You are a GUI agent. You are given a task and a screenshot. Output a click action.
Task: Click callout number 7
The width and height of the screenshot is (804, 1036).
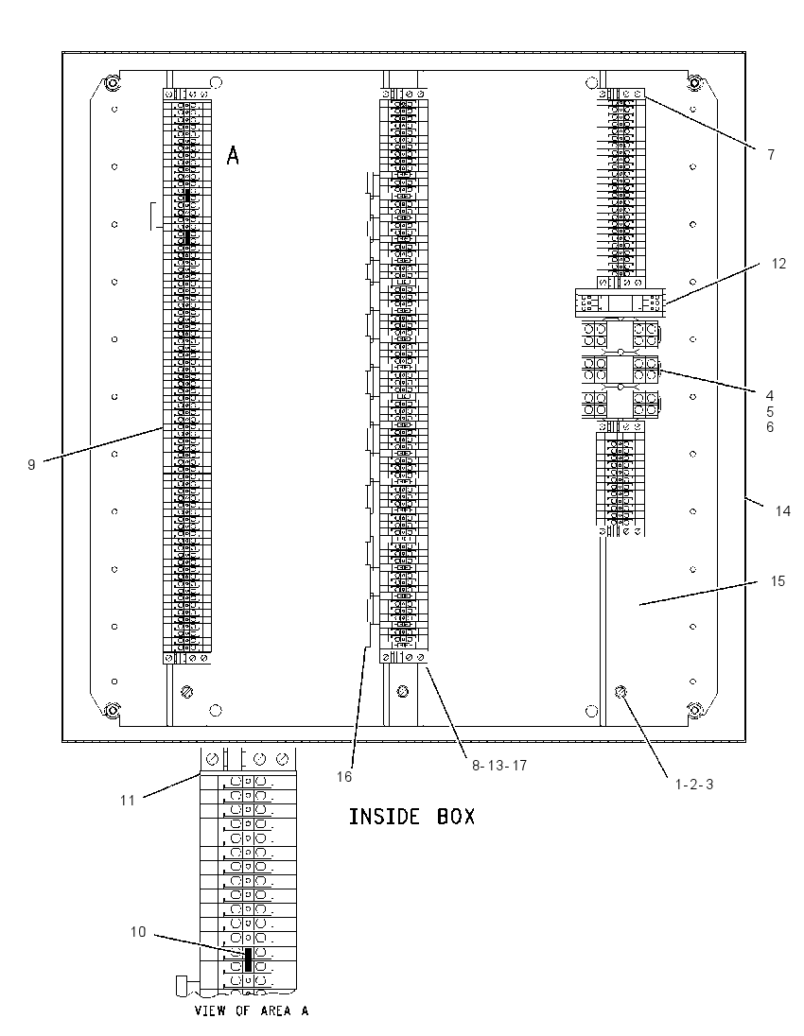click(771, 155)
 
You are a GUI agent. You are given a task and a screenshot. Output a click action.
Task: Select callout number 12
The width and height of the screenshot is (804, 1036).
click(778, 264)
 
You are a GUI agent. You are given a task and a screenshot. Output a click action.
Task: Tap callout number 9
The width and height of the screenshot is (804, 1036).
click(31, 464)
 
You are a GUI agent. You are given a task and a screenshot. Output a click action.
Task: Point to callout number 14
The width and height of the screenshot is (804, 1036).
click(783, 510)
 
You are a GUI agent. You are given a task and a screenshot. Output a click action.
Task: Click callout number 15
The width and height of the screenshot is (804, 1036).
click(778, 580)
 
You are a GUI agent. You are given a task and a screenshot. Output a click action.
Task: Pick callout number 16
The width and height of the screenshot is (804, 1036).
click(343, 776)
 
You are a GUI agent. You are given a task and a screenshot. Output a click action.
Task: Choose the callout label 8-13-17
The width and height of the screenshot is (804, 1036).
click(499, 765)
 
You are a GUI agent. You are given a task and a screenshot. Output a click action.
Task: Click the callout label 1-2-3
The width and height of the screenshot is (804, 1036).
click(693, 785)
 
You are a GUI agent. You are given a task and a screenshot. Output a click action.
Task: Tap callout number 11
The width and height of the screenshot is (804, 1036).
click(127, 800)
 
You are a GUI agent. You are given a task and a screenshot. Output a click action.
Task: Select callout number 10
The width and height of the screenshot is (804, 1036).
click(137, 932)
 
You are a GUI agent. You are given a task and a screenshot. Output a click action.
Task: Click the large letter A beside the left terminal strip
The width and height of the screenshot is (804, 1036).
click(233, 156)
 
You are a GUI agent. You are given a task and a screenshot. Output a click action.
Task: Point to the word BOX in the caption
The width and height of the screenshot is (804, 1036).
click(456, 817)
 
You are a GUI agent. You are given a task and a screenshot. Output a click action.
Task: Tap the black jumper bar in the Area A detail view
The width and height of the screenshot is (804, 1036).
click(248, 959)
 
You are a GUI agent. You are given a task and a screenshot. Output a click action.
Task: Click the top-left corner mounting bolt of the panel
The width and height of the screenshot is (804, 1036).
click(112, 83)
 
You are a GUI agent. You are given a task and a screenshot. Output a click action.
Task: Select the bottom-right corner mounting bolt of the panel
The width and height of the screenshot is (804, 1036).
click(695, 710)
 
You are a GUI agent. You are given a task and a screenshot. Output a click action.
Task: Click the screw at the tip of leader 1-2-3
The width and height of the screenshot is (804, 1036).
click(620, 692)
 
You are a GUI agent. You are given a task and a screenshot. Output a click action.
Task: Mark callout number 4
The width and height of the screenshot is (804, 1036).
click(770, 396)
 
